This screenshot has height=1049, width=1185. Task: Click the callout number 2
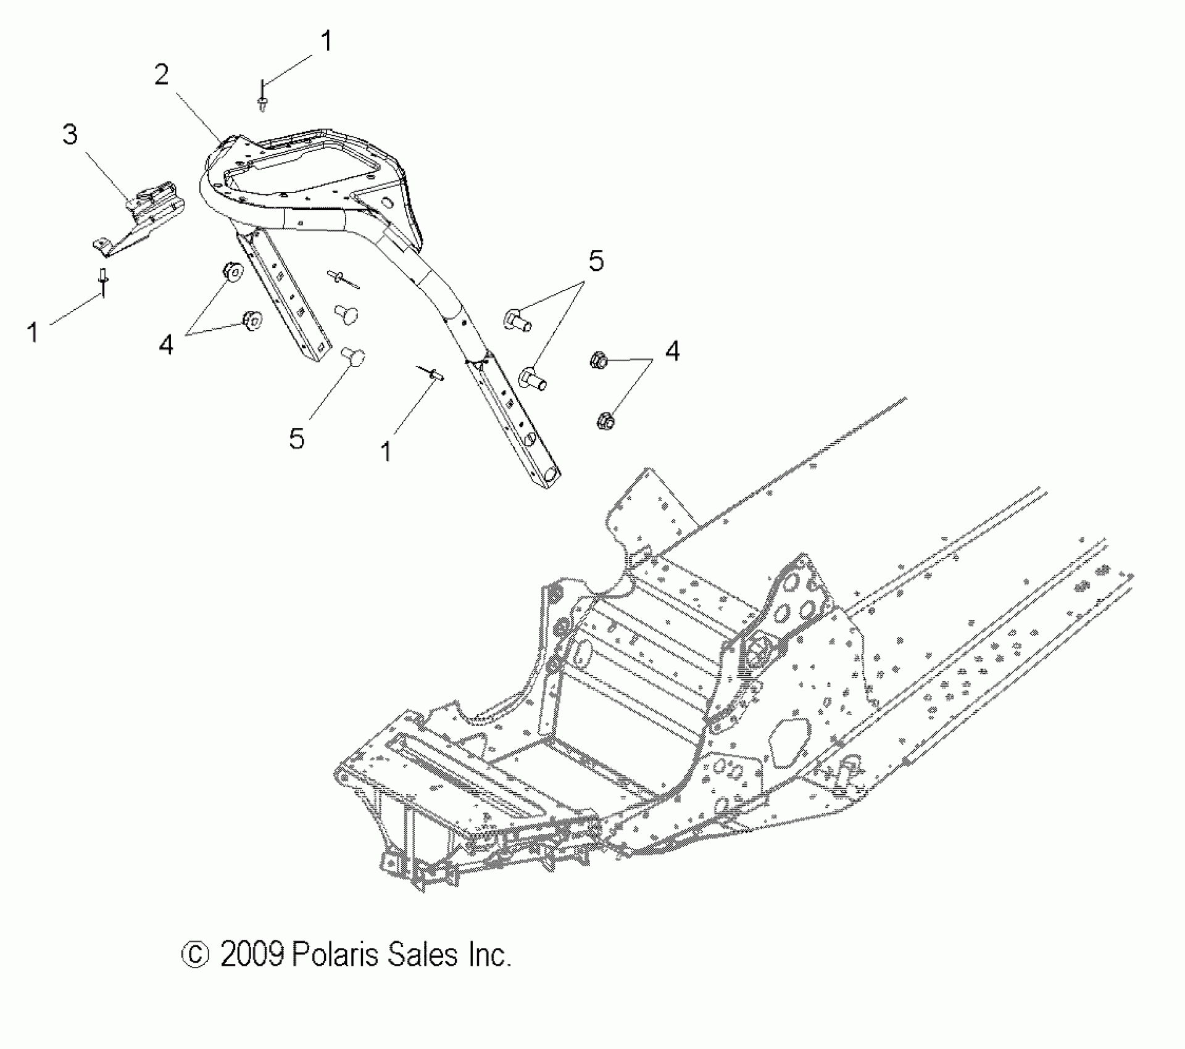click(x=161, y=76)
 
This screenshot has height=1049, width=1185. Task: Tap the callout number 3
click(x=70, y=135)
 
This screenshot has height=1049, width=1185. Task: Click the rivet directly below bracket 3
click(x=103, y=281)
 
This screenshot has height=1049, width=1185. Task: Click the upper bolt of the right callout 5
click(x=518, y=320)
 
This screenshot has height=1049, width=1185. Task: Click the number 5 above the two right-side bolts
click(x=596, y=262)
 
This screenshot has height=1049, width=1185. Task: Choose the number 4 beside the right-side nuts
click(x=672, y=351)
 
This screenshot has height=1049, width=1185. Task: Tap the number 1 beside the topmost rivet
click(x=326, y=41)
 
